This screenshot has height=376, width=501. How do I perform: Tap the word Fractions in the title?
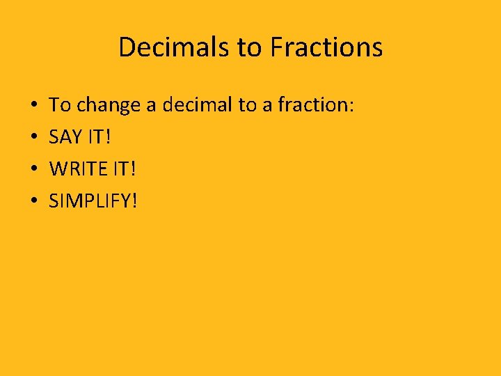(x=326, y=47)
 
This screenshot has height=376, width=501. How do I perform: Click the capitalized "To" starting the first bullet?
(x=60, y=106)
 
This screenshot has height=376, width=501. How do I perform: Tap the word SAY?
(x=65, y=138)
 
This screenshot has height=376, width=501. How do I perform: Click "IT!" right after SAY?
(x=98, y=138)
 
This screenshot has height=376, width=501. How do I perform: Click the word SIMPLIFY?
(x=93, y=202)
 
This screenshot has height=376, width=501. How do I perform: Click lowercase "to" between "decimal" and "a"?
(x=248, y=106)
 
